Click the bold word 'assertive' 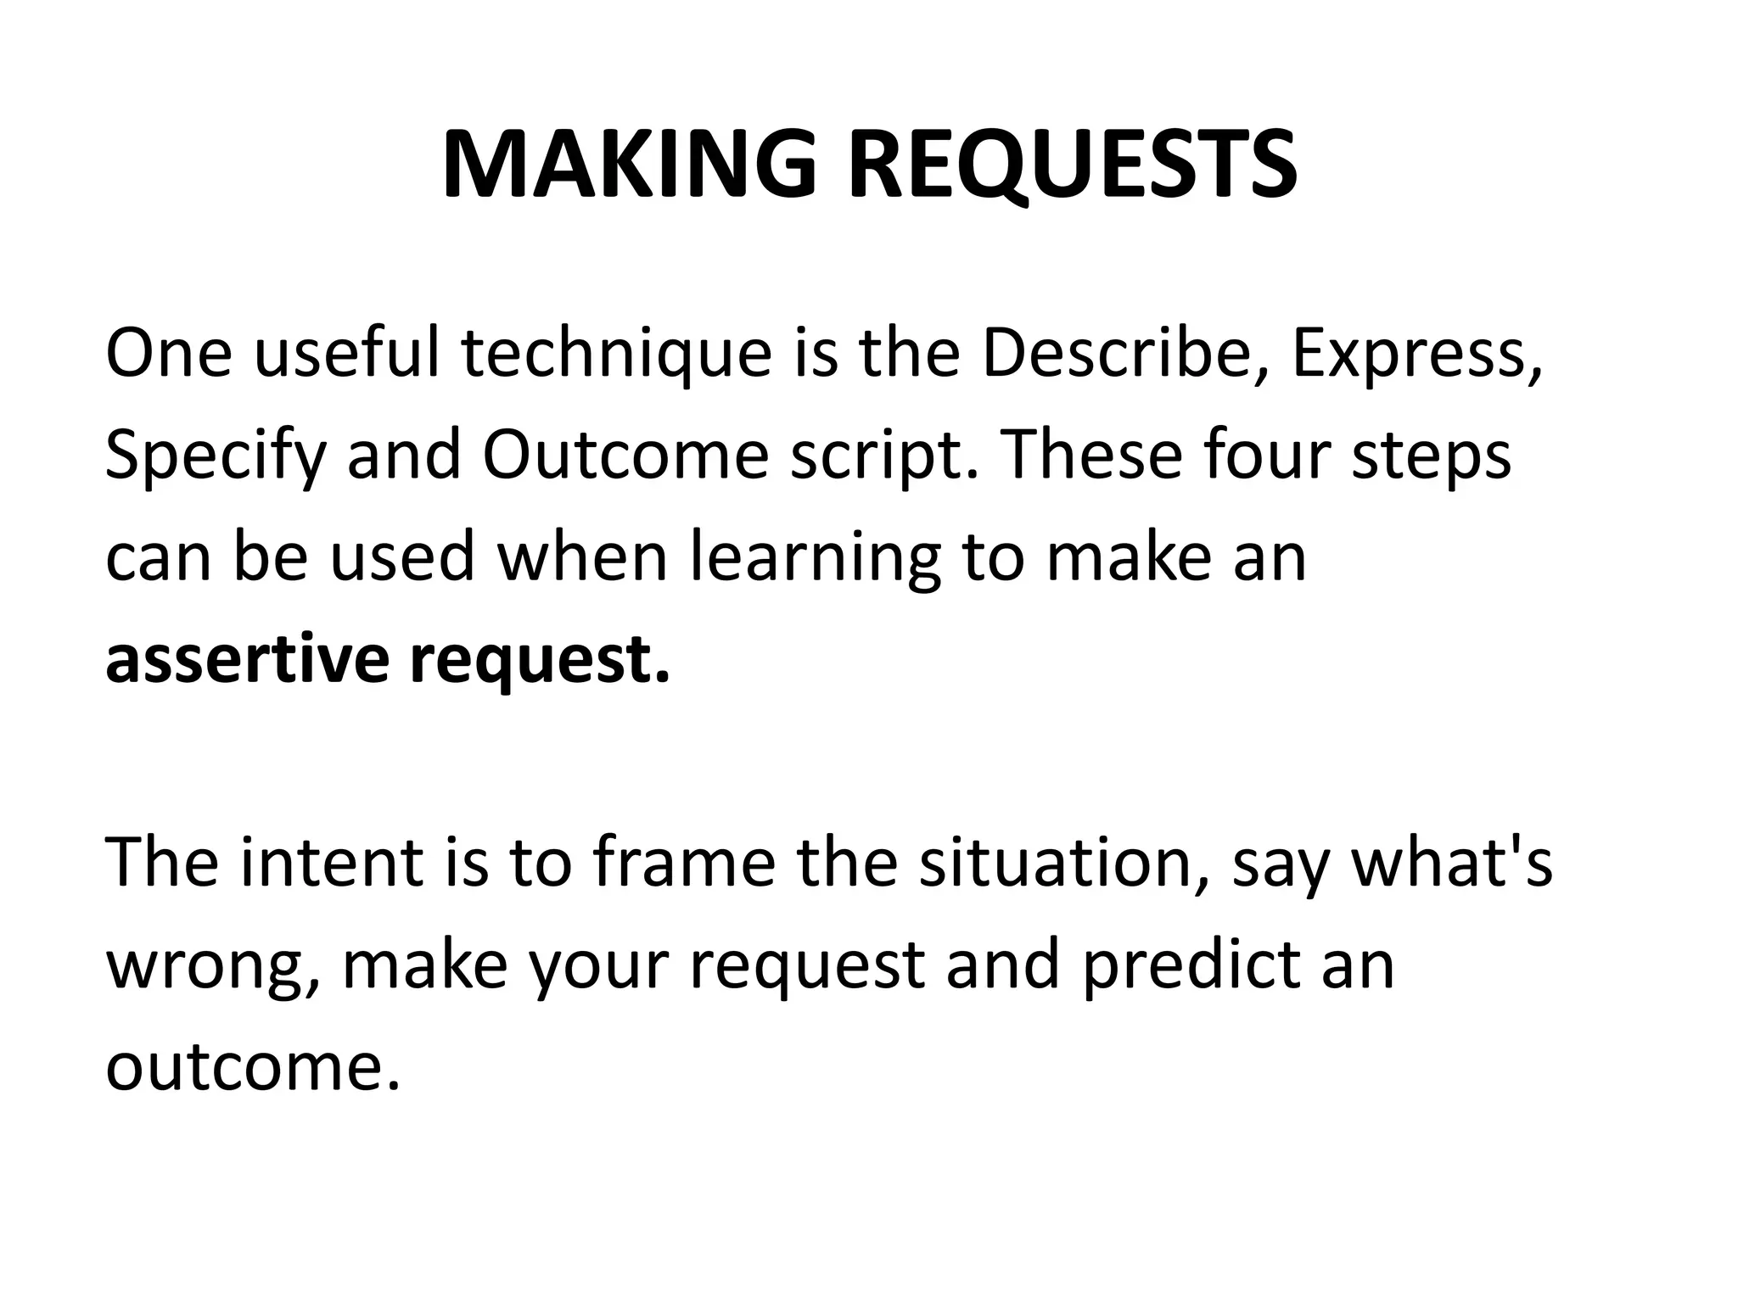pos(246,660)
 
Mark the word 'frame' pos(683,862)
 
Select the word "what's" pos(1451,862)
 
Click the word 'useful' pos(347,353)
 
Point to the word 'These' pos(1073,455)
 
